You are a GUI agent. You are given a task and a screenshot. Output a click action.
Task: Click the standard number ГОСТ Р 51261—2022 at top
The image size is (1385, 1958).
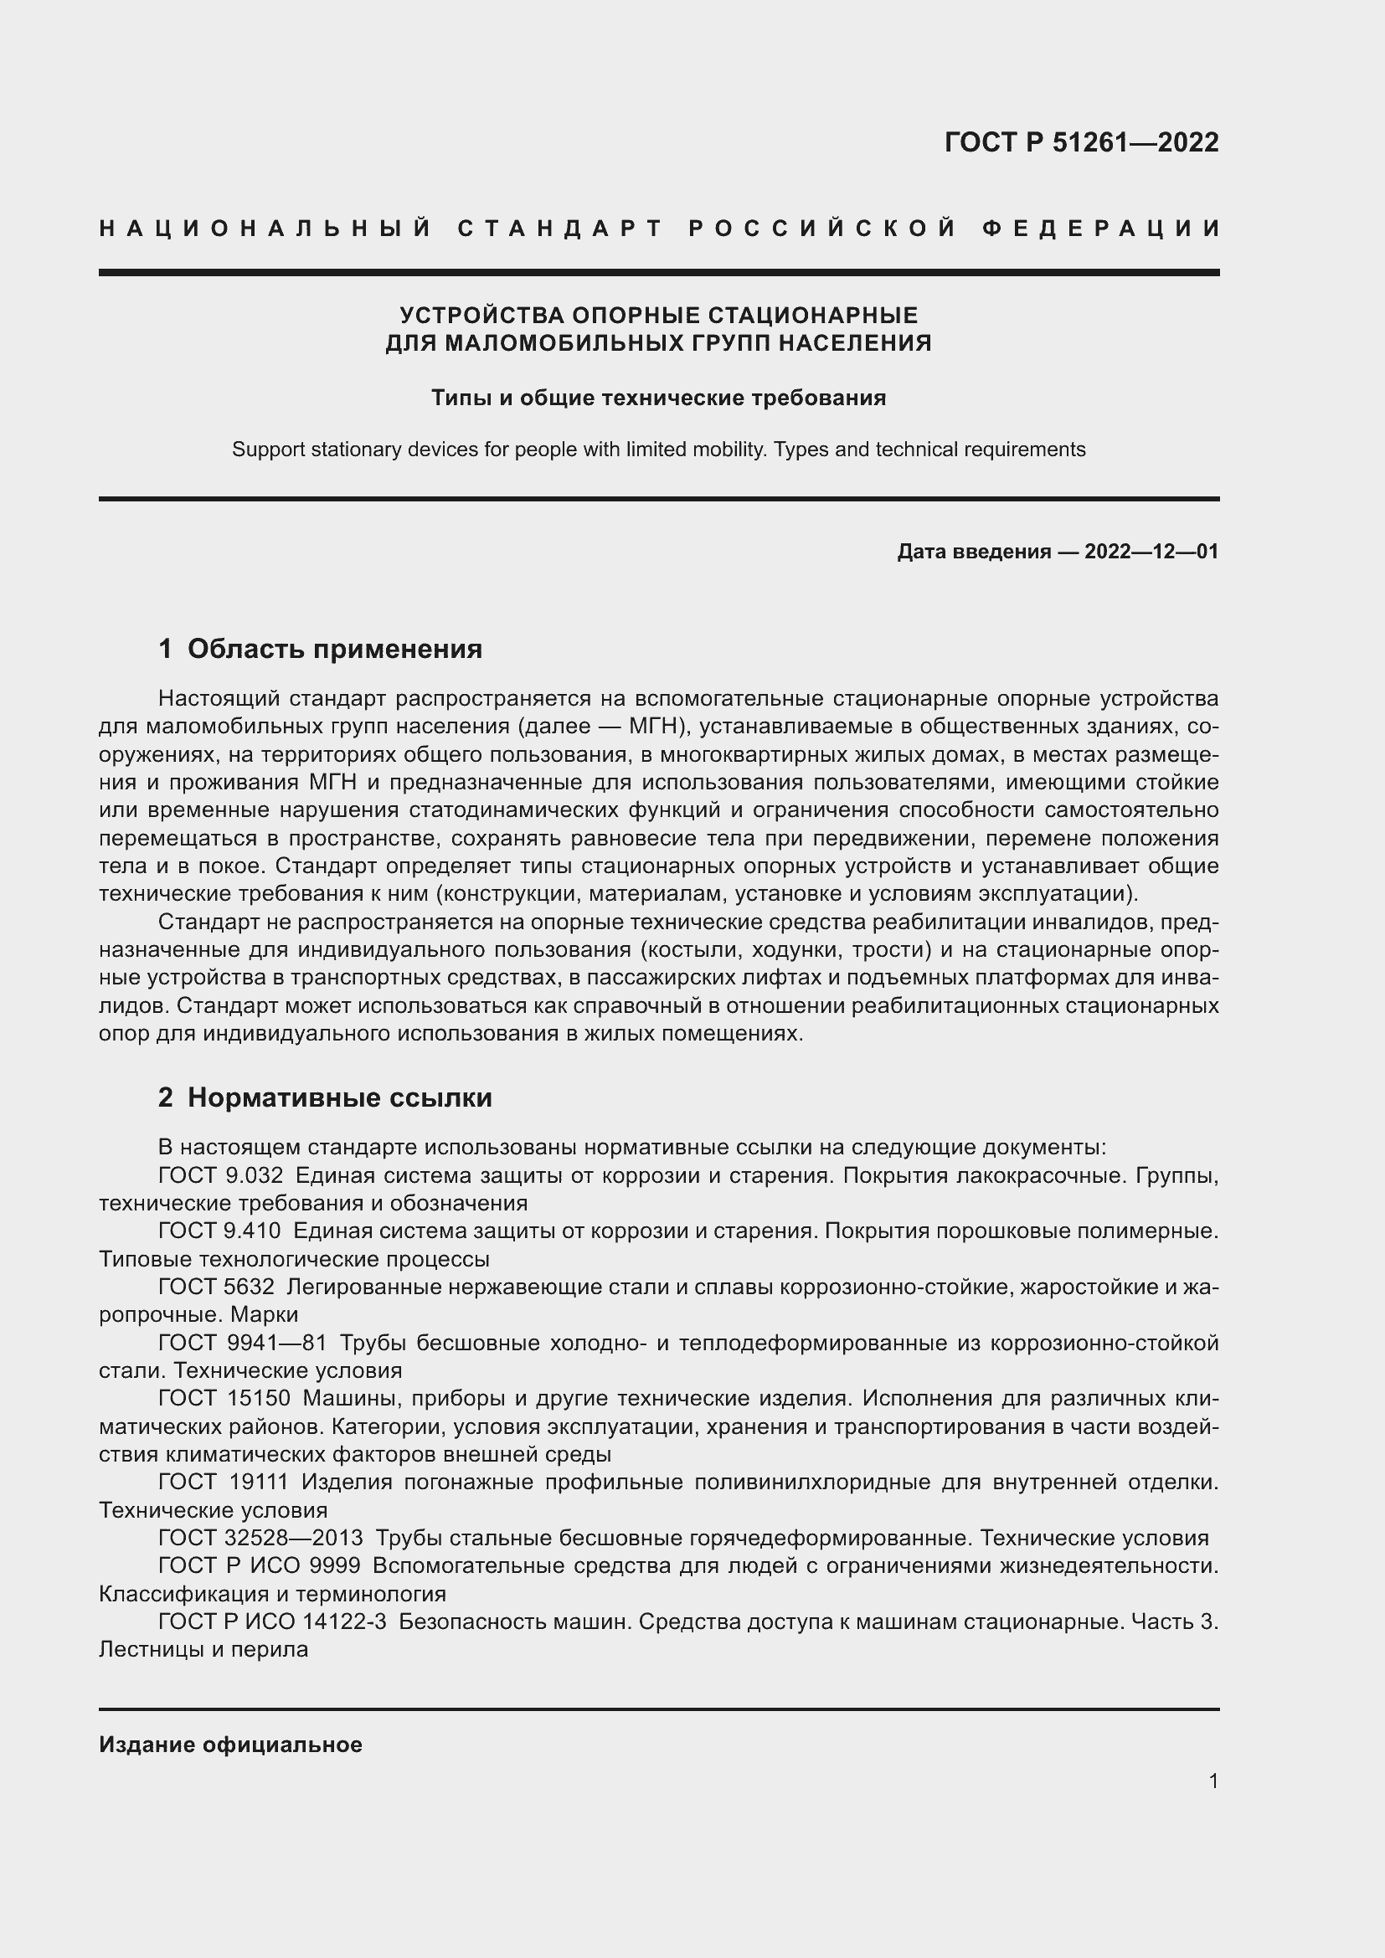coord(1080,141)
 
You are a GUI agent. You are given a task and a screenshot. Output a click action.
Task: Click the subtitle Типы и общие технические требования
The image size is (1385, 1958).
coord(658,398)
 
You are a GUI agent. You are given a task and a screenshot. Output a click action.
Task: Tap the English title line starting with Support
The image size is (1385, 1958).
coord(658,450)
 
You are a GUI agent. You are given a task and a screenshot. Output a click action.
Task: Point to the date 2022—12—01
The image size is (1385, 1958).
coord(1151,552)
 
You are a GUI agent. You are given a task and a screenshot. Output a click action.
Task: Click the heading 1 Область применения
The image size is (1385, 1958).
coord(320,649)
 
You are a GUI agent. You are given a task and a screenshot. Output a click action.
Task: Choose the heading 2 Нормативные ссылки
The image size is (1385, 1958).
coord(325,1097)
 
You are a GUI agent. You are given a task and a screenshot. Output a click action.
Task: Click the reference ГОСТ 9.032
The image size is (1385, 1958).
coord(220,1175)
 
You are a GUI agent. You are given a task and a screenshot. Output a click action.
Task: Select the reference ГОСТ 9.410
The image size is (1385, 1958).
coord(220,1231)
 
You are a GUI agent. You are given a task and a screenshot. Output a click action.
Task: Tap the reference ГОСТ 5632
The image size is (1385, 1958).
coord(216,1286)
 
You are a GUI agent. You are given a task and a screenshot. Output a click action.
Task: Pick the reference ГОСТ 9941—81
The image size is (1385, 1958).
coord(242,1342)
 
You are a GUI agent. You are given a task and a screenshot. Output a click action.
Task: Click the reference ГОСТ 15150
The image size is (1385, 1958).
coord(224,1398)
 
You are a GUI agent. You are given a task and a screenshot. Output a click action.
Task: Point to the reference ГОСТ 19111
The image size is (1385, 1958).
coord(224,1482)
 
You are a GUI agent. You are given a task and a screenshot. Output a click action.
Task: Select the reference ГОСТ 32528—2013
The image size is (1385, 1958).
coord(260,1538)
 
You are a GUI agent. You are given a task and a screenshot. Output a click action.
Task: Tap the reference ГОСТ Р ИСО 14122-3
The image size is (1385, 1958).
coord(272,1621)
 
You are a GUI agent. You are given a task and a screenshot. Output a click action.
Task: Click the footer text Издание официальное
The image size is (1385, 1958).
coord(230,1744)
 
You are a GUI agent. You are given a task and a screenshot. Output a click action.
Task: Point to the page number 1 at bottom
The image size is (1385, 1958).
coord(1213,1781)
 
